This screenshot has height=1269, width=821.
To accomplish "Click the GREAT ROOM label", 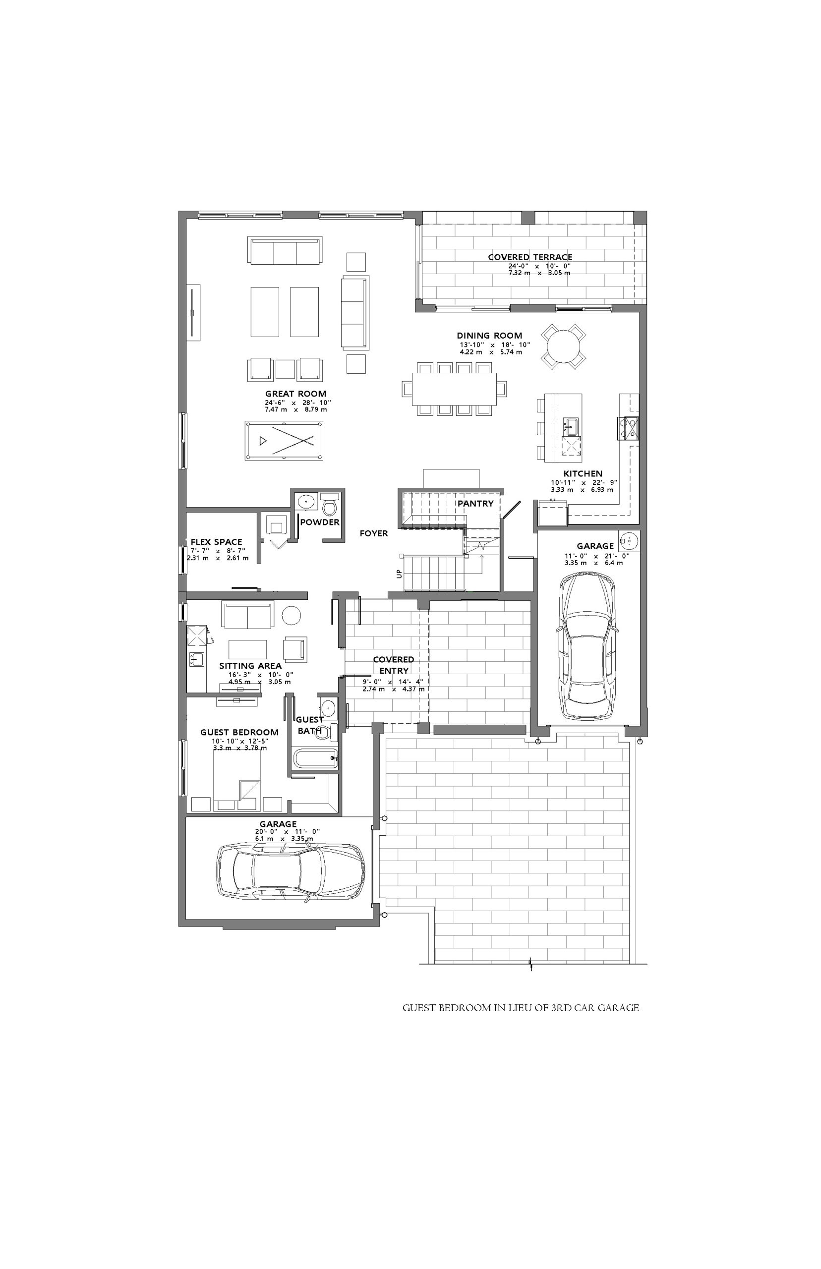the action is (x=296, y=394).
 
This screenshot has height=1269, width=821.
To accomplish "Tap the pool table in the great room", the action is (x=284, y=441).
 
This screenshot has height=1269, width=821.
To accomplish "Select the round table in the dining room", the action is (x=564, y=347).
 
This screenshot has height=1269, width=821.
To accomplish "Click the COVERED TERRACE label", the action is (x=530, y=257).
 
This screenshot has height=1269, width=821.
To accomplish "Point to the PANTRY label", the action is (x=475, y=503).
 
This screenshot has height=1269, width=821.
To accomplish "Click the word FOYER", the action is (x=374, y=533).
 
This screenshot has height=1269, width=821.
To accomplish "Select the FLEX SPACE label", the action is (x=217, y=542).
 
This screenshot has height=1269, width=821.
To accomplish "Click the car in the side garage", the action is (x=588, y=645).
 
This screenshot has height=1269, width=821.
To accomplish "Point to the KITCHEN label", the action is (x=583, y=473).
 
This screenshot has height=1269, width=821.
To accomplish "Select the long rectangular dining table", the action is (x=454, y=389).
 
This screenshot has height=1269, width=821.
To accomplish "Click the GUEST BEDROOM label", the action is (x=239, y=732).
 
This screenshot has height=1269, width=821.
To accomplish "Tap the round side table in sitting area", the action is (x=292, y=616).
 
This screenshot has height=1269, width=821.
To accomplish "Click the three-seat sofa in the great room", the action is (x=285, y=250).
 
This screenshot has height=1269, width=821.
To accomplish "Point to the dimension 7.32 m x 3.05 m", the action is (x=539, y=273).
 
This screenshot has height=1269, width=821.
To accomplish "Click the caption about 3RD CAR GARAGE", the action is (x=521, y=1008).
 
